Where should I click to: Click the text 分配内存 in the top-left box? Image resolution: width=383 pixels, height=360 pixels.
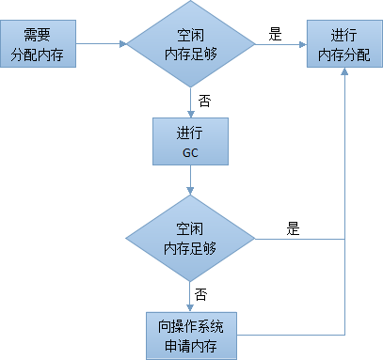tap(39, 53)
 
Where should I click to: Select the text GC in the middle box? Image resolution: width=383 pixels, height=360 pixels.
tap(191, 148)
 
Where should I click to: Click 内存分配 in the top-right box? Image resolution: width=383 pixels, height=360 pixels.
tap(343, 53)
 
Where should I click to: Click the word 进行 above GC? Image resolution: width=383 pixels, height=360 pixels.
tap(191, 130)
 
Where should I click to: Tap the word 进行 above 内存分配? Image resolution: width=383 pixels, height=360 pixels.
tap(343, 35)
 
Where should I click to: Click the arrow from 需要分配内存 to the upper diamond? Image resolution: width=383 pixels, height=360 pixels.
tap(101, 43)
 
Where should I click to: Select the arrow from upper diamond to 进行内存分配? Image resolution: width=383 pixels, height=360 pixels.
tap(282, 43)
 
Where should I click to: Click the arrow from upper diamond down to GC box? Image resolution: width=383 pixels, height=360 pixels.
tap(191, 102)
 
